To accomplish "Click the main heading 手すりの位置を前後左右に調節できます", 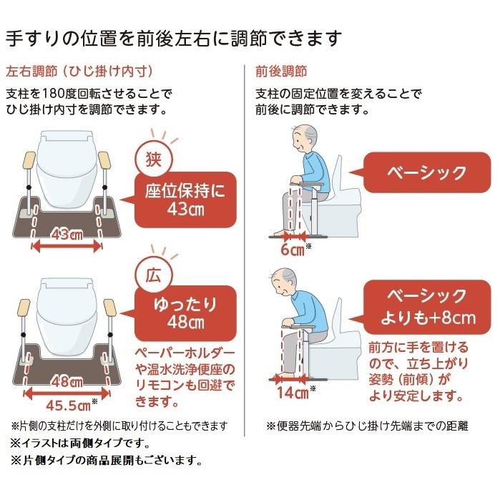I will [x=174, y=36].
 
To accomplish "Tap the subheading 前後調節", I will [x=281, y=72].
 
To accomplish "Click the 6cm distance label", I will [x=293, y=249].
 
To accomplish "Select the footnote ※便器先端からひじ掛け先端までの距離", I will [x=367, y=426].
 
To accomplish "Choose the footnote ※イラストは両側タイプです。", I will [x=79, y=442].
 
